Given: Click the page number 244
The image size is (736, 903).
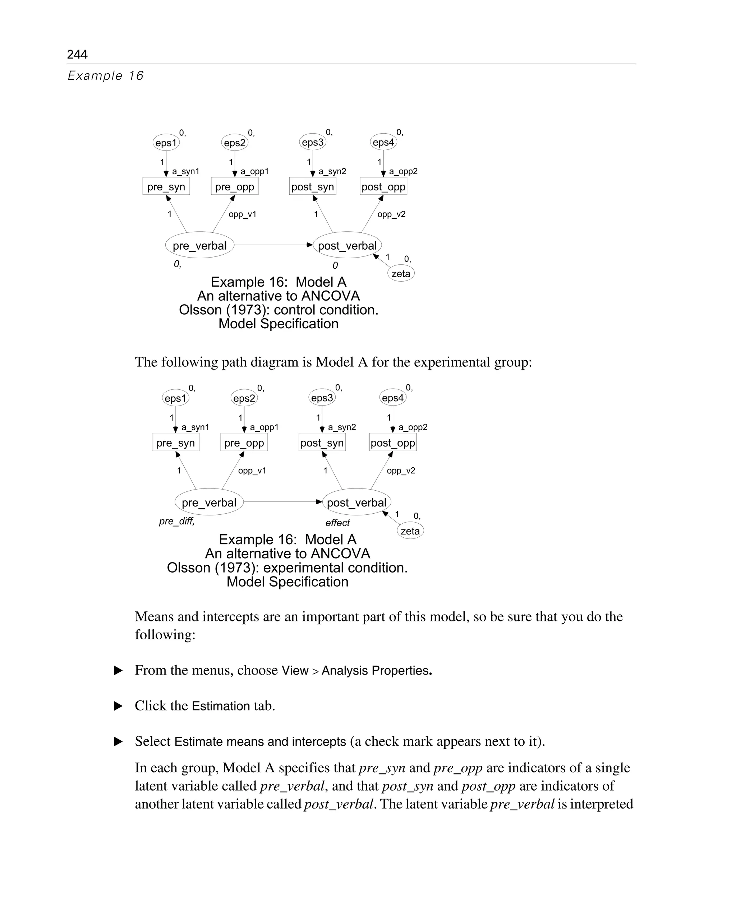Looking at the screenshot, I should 77,54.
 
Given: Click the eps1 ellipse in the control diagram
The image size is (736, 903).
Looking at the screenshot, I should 166,143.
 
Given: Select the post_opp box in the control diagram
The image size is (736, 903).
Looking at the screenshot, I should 383,187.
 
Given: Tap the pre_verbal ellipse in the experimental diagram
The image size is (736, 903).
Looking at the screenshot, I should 209,503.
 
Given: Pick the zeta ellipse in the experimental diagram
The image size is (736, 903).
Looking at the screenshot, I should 410,531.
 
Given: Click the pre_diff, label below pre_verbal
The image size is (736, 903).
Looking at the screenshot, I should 177,521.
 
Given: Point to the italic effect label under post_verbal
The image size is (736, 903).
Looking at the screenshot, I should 337,523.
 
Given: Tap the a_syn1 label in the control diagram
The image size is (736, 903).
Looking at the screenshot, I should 185,172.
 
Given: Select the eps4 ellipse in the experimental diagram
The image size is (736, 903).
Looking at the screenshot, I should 392,398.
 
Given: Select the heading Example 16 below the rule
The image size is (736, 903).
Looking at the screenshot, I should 106,76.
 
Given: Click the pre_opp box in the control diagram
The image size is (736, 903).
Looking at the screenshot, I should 234,187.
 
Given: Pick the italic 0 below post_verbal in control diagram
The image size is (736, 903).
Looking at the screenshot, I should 335,266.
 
